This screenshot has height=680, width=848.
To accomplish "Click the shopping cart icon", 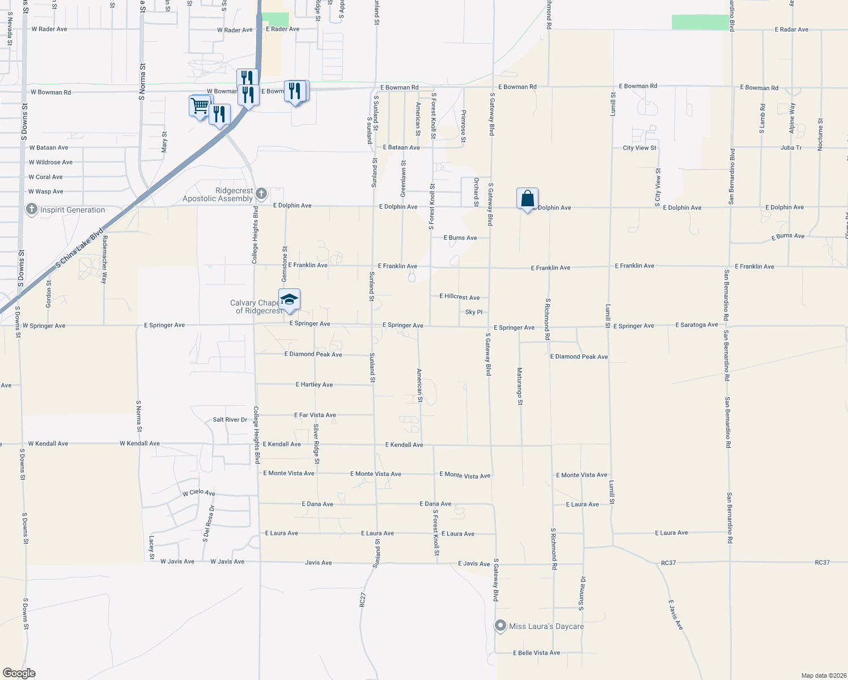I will (x=200, y=106).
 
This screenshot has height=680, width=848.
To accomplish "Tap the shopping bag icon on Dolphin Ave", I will (x=527, y=199).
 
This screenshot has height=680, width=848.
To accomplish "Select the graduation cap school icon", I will (x=289, y=300).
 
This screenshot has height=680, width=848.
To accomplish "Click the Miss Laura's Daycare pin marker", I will (x=500, y=626).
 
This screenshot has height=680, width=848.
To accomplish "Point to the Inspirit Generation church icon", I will (x=32, y=210).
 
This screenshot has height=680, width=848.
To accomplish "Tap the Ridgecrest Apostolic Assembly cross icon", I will (x=261, y=194).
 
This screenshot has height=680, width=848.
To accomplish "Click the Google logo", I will (x=19, y=673).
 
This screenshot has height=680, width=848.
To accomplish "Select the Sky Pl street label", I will (x=474, y=312).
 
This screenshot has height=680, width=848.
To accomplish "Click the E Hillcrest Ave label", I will (x=460, y=297).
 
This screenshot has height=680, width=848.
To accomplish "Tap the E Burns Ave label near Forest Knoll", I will (x=460, y=238).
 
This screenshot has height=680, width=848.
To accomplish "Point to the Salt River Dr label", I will (x=230, y=420).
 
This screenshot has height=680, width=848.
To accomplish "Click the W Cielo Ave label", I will (x=199, y=493).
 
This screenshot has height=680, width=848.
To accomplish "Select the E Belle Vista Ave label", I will (x=536, y=653).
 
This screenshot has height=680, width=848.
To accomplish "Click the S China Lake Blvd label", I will (x=80, y=248).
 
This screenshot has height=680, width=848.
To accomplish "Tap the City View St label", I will (x=639, y=148).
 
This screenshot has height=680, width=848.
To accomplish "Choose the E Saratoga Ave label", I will (x=697, y=325).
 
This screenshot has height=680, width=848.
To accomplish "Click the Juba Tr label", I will (x=791, y=148).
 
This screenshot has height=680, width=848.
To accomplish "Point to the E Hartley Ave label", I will (x=314, y=385).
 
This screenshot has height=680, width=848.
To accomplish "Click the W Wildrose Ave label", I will (x=51, y=162).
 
